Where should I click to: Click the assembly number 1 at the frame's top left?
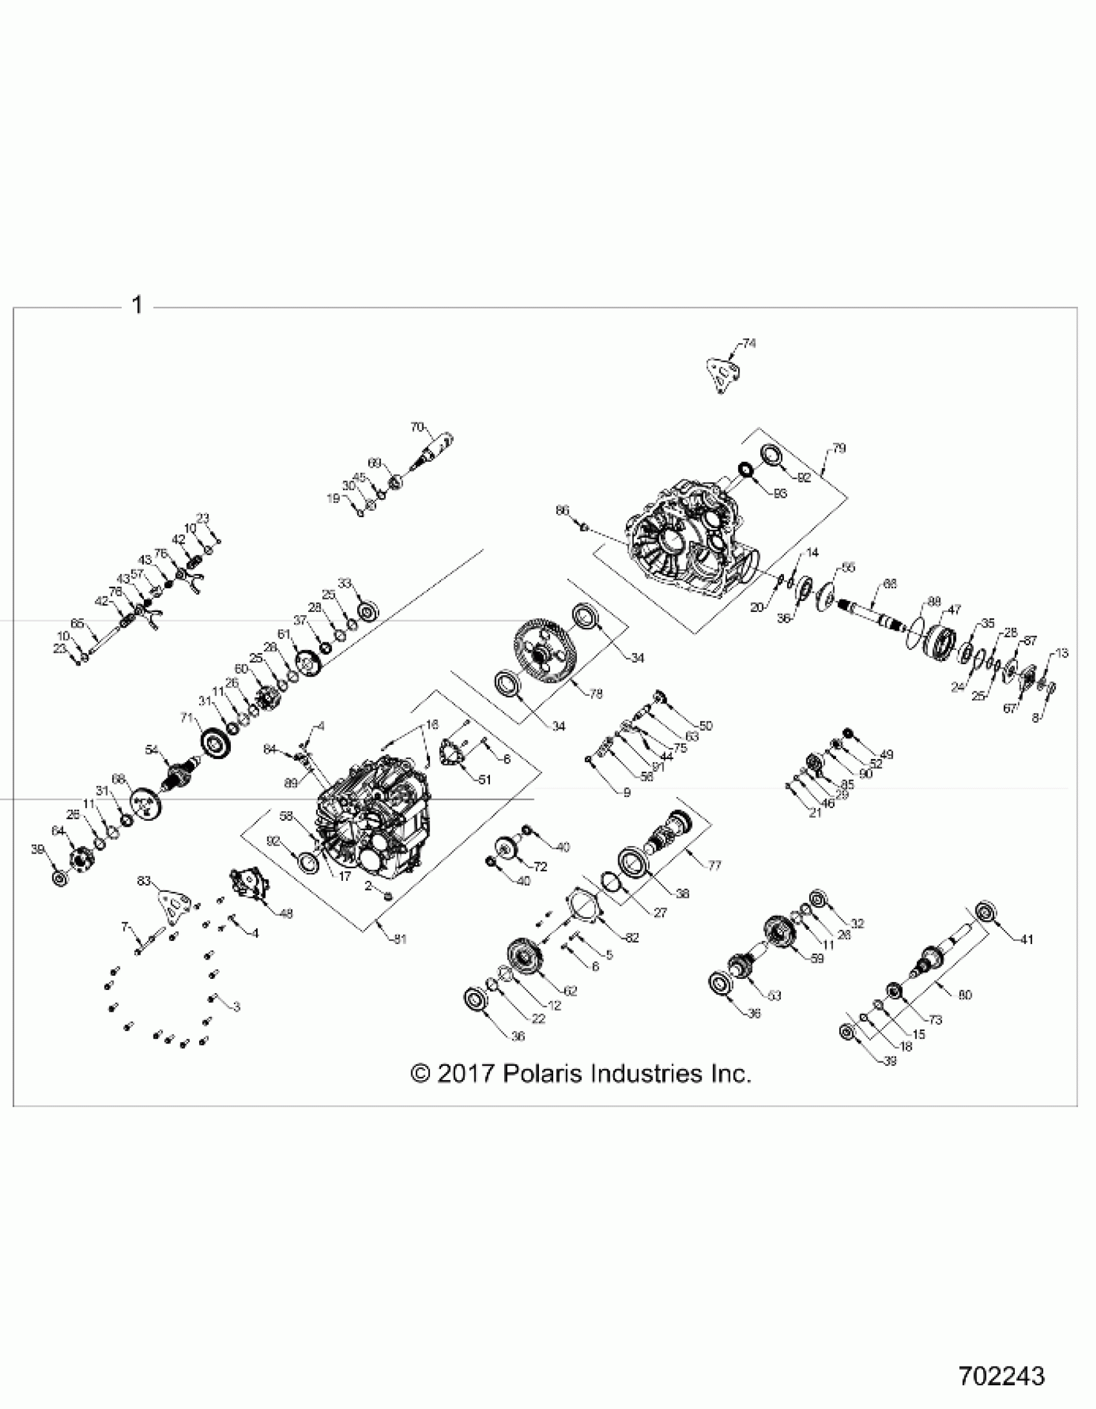click(x=137, y=305)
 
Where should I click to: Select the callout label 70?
click(x=417, y=427)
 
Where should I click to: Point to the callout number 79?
click(x=839, y=448)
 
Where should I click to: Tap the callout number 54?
click(x=152, y=750)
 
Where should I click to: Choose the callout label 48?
click(x=286, y=914)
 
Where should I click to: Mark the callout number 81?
click(x=400, y=940)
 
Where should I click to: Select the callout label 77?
click(x=714, y=865)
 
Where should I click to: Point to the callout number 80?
click(x=964, y=995)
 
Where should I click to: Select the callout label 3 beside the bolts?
click(x=237, y=1007)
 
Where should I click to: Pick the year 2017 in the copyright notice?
click(x=465, y=1074)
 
